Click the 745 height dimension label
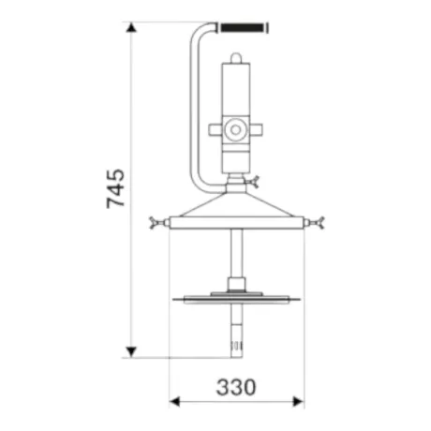tap(116, 188)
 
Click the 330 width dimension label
tap(236, 387)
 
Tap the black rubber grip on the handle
tap(242, 27)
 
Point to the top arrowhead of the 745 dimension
tap(131, 27)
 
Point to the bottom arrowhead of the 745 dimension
tap(131, 352)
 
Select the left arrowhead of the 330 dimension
tap(174, 402)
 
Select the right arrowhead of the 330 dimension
tap(298, 402)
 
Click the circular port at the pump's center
tap(235, 129)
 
